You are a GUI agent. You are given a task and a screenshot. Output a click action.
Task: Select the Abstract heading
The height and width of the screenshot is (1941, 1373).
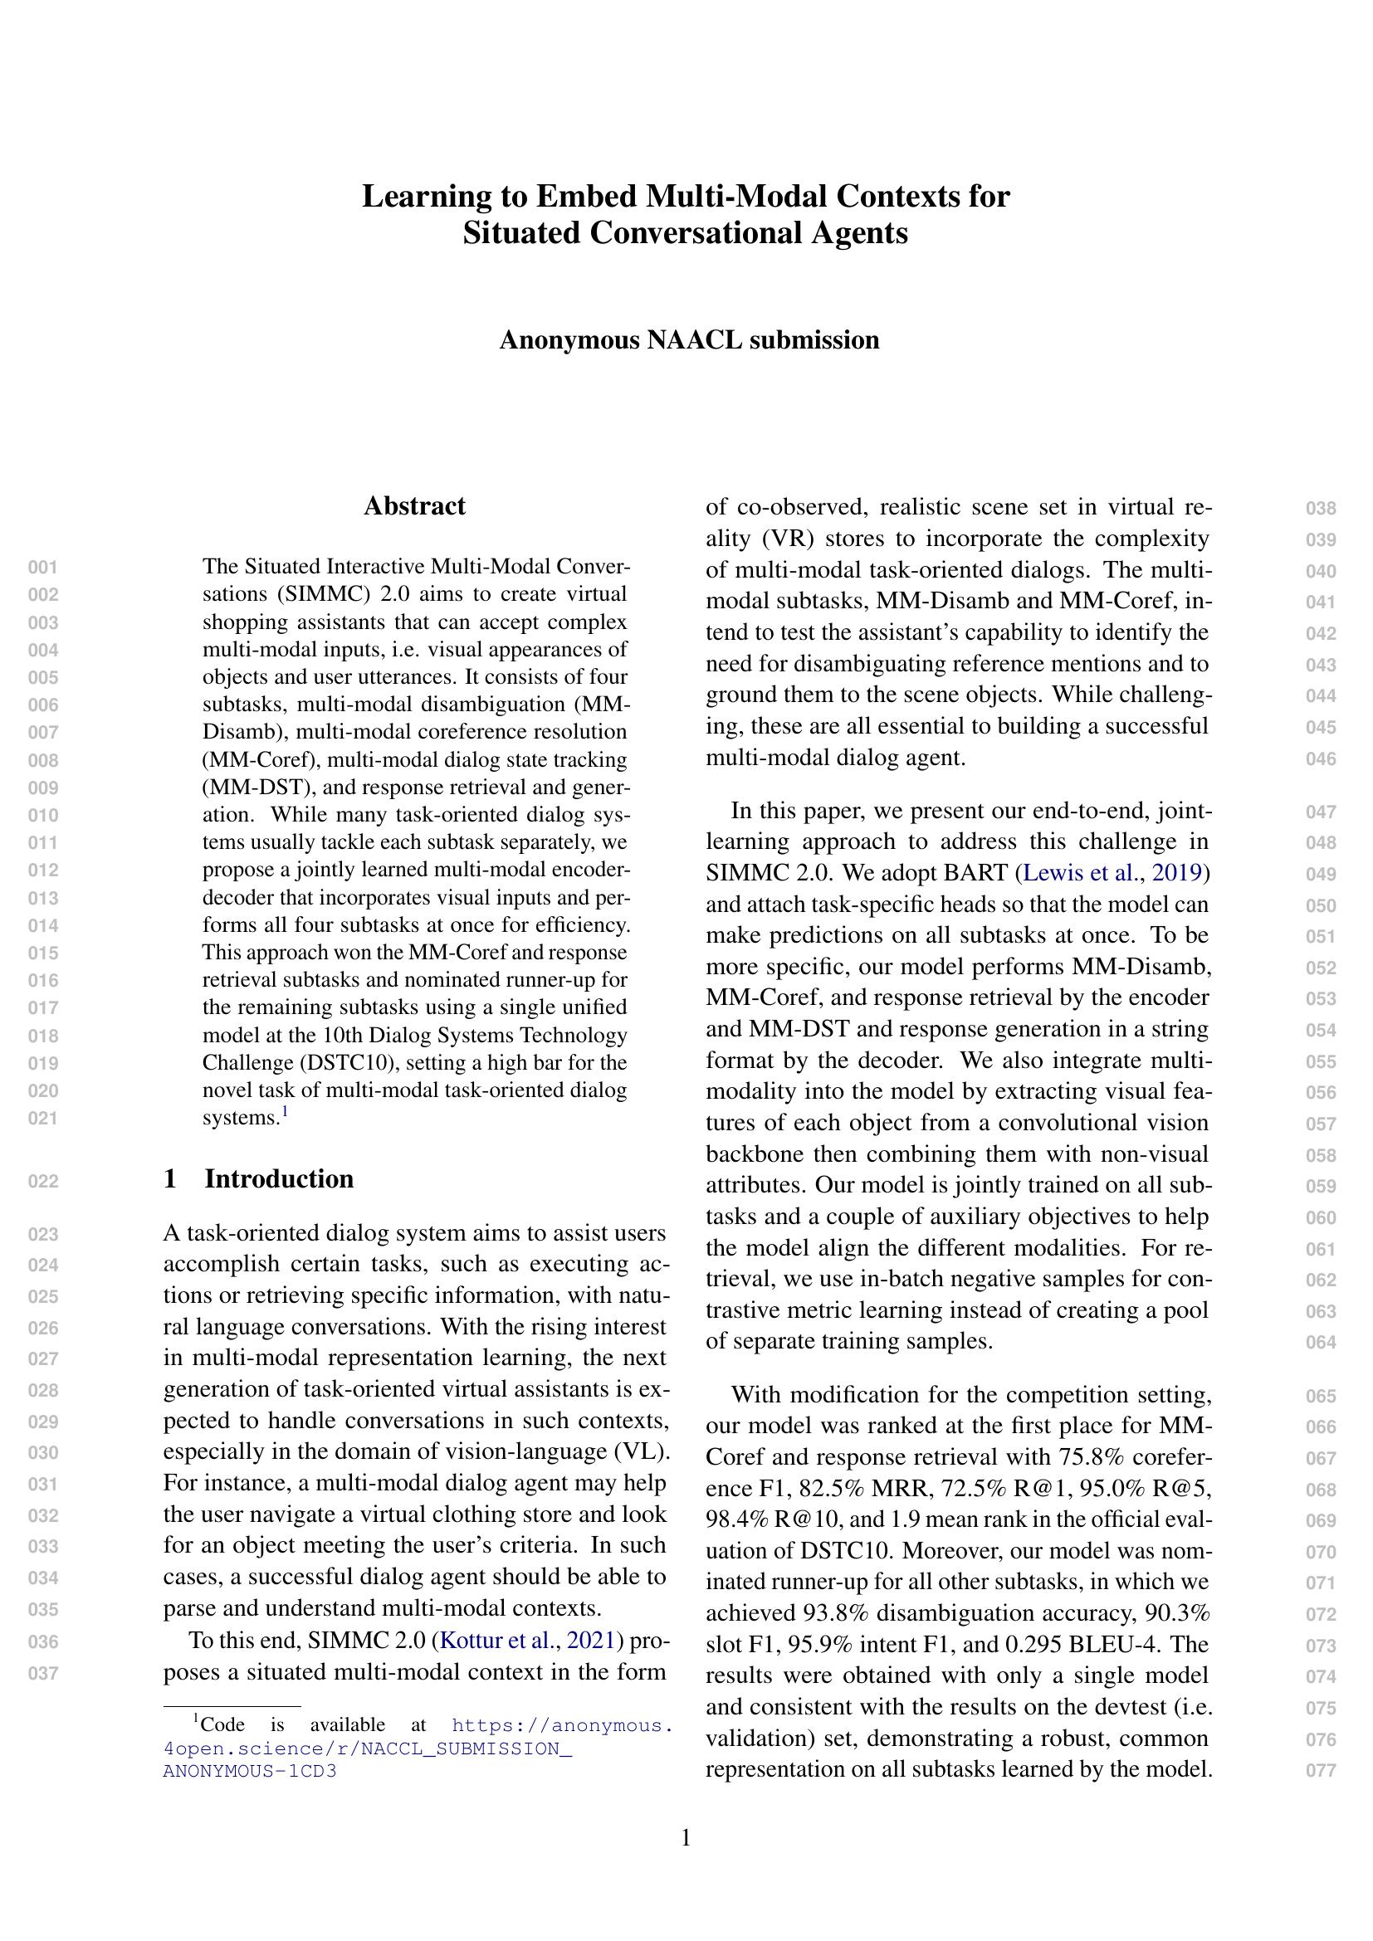coord(414,505)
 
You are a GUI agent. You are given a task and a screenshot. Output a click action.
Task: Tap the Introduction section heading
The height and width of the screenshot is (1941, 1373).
coord(278,1178)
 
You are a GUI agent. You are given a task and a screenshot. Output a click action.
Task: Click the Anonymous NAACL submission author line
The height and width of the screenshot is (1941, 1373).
coord(689,340)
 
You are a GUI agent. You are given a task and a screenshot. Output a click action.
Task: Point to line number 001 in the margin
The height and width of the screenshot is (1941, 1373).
coord(43,568)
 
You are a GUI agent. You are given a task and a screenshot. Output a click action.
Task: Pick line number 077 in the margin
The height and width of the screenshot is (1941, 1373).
coord(1321,1770)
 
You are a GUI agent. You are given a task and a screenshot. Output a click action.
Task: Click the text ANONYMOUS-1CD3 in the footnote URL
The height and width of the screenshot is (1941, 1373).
coord(250,1771)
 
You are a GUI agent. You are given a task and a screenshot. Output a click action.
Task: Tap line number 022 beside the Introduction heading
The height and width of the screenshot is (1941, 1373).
coord(43,1181)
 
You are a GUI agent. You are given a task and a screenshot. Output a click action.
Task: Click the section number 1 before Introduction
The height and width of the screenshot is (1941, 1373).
coord(170,1178)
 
